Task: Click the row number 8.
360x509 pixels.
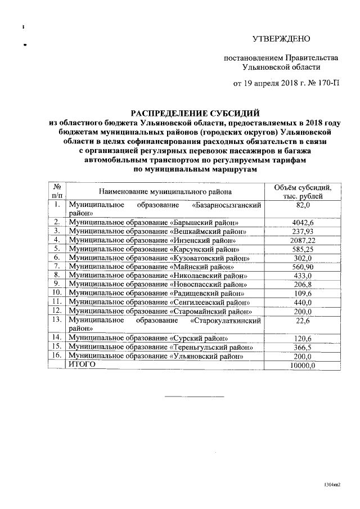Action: pyautogui.click(x=57, y=275)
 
